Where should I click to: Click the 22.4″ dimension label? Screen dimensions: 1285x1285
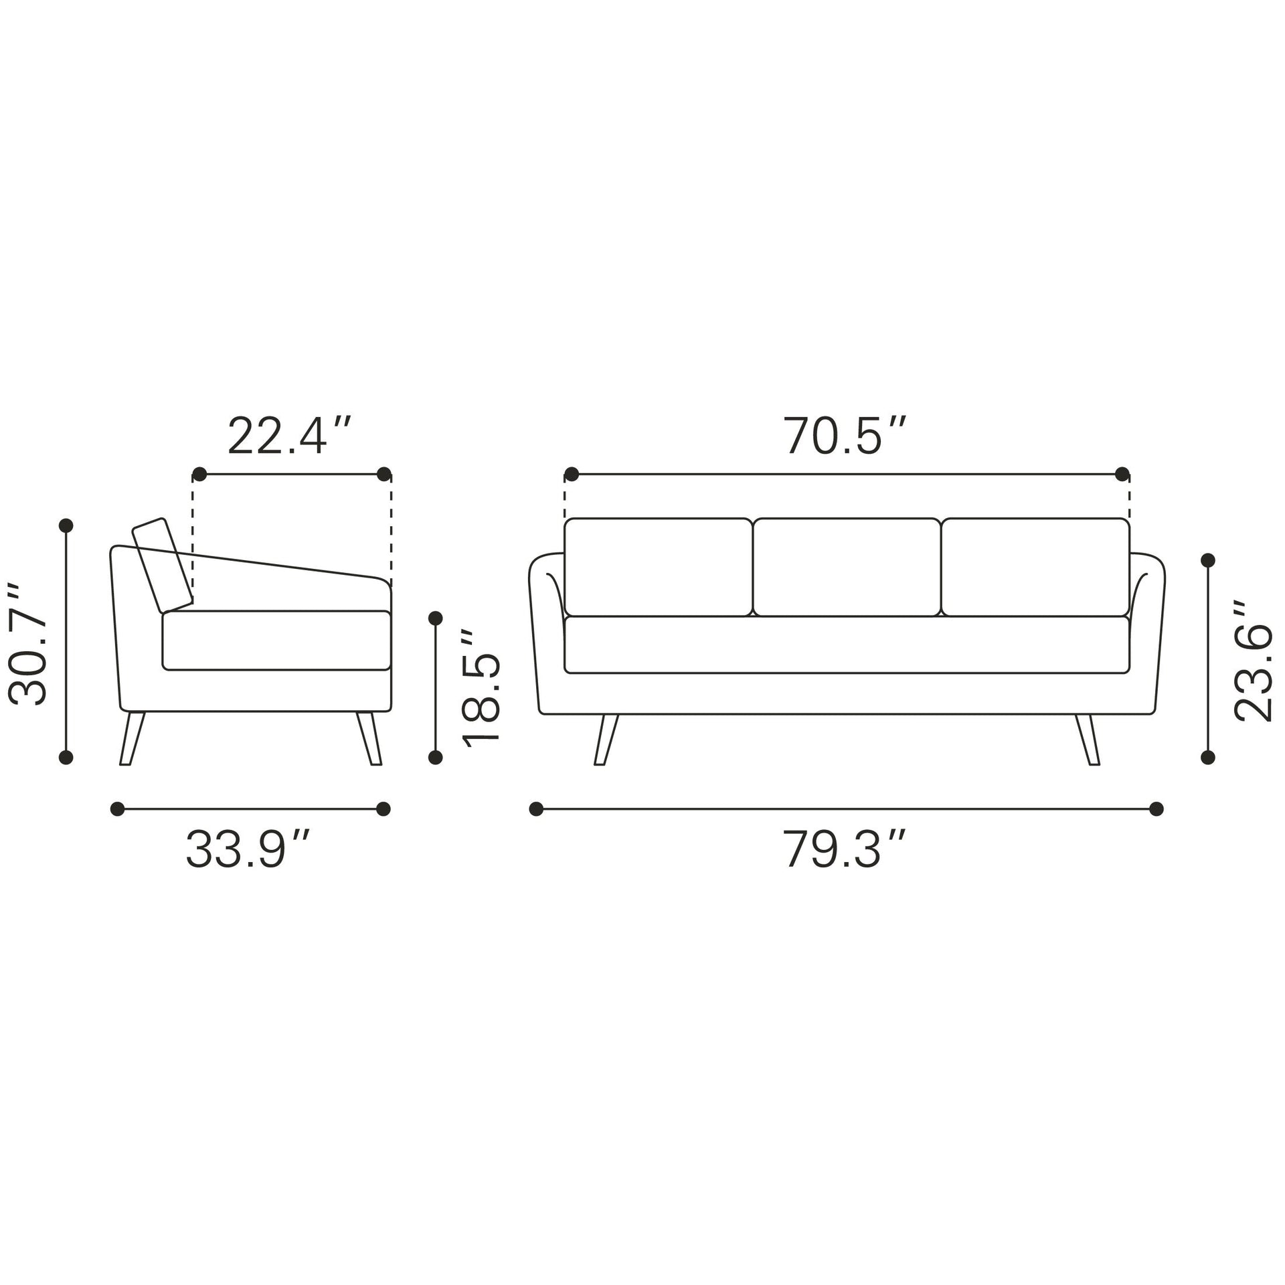[289, 436]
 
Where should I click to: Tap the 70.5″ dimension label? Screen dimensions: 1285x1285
[846, 436]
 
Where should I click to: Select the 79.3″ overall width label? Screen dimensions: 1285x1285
[846, 849]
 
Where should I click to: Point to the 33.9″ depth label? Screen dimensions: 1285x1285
[248, 849]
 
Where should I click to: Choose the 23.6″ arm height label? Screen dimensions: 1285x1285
[1253, 661]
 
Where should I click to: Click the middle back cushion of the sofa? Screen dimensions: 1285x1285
[847, 567]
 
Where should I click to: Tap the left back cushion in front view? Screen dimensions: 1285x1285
[658, 567]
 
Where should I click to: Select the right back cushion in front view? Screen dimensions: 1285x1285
[1035, 567]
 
